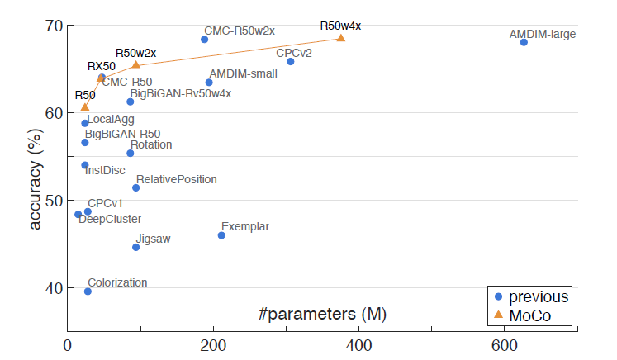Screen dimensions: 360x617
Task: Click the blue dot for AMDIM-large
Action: [x=524, y=42]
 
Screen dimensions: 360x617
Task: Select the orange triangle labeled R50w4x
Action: [x=341, y=38]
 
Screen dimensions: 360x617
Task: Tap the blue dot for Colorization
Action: [x=88, y=291]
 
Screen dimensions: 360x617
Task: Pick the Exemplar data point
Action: [x=221, y=235]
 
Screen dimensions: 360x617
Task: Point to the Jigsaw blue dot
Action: [x=136, y=247]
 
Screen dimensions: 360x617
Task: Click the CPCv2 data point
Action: [x=290, y=62]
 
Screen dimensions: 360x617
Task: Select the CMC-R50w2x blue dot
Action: [x=205, y=40]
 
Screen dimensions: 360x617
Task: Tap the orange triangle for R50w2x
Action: [x=136, y=64]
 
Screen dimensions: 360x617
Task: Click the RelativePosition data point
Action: [x=136, y=187]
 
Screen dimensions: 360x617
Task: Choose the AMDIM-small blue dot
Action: [x=209, y=83]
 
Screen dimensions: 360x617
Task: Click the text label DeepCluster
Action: [x=110, y=220]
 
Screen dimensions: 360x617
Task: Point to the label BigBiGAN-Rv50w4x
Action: [x=180, y=93]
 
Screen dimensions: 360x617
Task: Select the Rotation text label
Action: [x=151, y=145]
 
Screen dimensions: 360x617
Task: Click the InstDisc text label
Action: [x=105, y=171]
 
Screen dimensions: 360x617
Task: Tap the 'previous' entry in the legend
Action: [x=538, y=297]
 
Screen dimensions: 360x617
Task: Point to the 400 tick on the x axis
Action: [x=358, y=344]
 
